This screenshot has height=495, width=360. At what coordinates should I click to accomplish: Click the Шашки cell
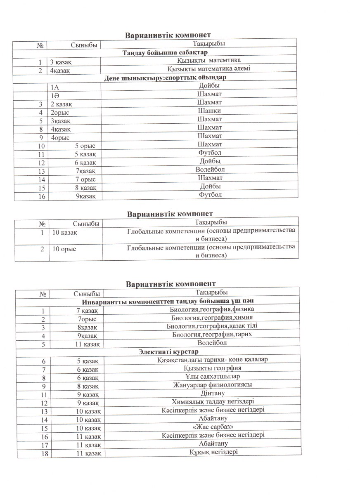click(x=209, y=111)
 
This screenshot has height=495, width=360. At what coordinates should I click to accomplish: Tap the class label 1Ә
click(x=54, y=94)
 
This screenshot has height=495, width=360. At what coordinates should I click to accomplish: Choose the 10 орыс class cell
click(x=64, y=249)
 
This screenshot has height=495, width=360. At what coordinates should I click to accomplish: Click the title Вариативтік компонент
click(x=171, y=284)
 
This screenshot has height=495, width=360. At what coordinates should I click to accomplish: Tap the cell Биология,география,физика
click(x=212, y=309)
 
